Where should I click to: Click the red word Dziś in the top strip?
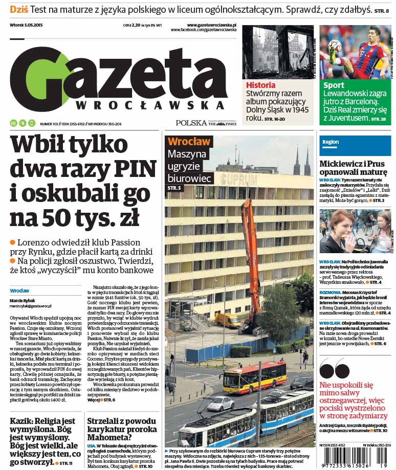[19, 10]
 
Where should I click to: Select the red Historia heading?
[261, 85]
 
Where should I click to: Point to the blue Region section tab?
[331, 142]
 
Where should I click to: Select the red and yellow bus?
[254, 377]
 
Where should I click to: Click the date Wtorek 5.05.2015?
[28, 25]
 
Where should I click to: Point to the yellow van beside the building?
[228, 320]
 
